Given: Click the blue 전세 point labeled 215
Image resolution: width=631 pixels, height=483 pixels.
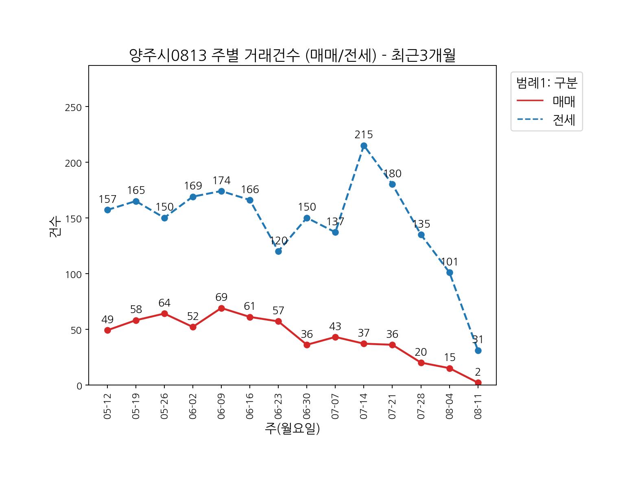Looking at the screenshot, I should click(x=364, y=146).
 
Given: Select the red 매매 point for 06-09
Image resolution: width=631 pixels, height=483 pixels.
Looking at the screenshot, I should click(x=221, y=308).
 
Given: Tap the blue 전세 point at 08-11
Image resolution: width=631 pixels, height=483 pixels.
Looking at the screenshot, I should click(x=478, y=350).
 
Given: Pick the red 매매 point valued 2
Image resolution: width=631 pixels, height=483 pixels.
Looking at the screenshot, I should click(x=478, y=383).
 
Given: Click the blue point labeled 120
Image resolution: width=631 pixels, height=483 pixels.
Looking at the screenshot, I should click(x=278, y=251).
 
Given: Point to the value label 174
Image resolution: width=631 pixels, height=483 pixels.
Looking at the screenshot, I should click(x=221, y=181).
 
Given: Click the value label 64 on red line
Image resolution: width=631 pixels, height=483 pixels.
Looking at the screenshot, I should click(x=164, y=303).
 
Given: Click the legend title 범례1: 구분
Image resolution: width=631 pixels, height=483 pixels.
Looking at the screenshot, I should click(x=546, y=83).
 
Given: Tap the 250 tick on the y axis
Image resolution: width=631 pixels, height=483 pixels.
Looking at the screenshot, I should click(x=73, y=107).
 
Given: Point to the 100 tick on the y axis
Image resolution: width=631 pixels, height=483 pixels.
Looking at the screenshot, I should click(x=73, y=274).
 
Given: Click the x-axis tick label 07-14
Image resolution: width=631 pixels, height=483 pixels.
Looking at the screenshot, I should click(x=364, y=406).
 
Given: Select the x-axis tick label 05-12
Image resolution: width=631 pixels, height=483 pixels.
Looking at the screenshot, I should click(x=107, y=406).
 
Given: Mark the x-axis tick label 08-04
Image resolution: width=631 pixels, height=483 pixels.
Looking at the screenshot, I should click(x=449, y=406).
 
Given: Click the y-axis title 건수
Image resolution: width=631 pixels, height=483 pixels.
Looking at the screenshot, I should click(x=55, y=226).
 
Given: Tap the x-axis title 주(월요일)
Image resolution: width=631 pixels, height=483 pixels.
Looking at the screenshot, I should click(x=292, y=429).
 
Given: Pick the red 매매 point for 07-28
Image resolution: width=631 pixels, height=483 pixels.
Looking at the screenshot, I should click(x=421, y=363).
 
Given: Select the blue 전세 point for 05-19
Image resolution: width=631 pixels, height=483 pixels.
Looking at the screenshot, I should click(x=136, y=201).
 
